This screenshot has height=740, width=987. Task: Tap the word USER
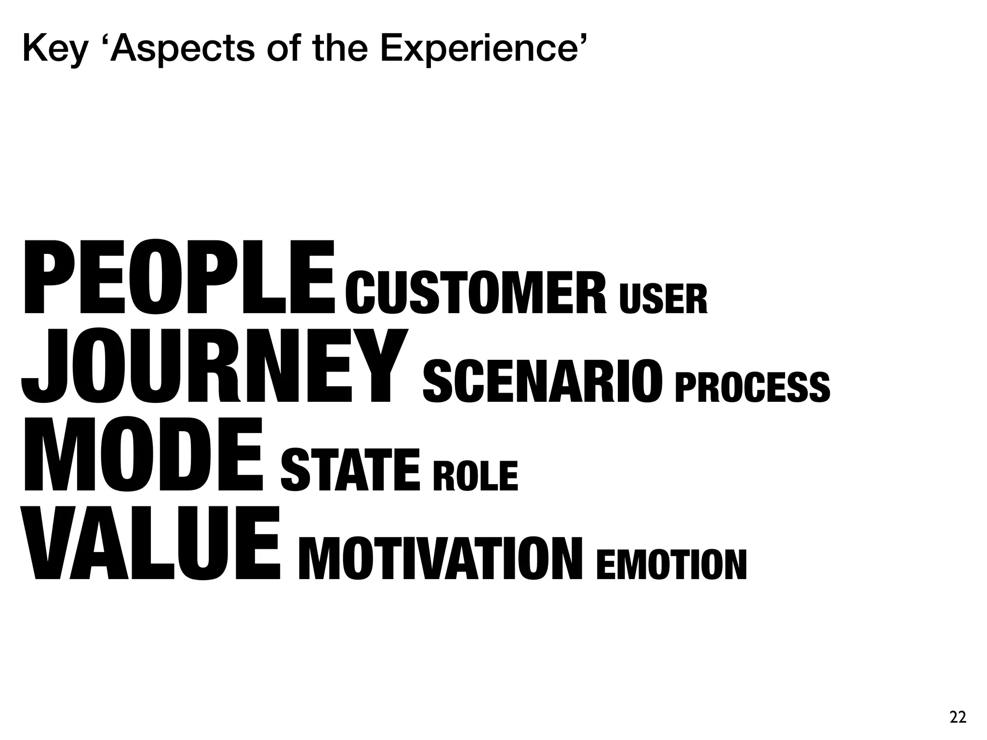[663, 299]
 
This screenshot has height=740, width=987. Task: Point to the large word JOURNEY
[214, 366]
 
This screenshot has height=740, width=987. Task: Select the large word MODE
[143, 455]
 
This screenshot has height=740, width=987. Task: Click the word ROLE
[475, 476]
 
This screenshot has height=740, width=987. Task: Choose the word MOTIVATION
[440, 558]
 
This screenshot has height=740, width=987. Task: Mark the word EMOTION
[671, 565]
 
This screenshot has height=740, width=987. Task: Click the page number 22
[958, 717]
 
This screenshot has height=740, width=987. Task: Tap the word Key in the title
[54, 49]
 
